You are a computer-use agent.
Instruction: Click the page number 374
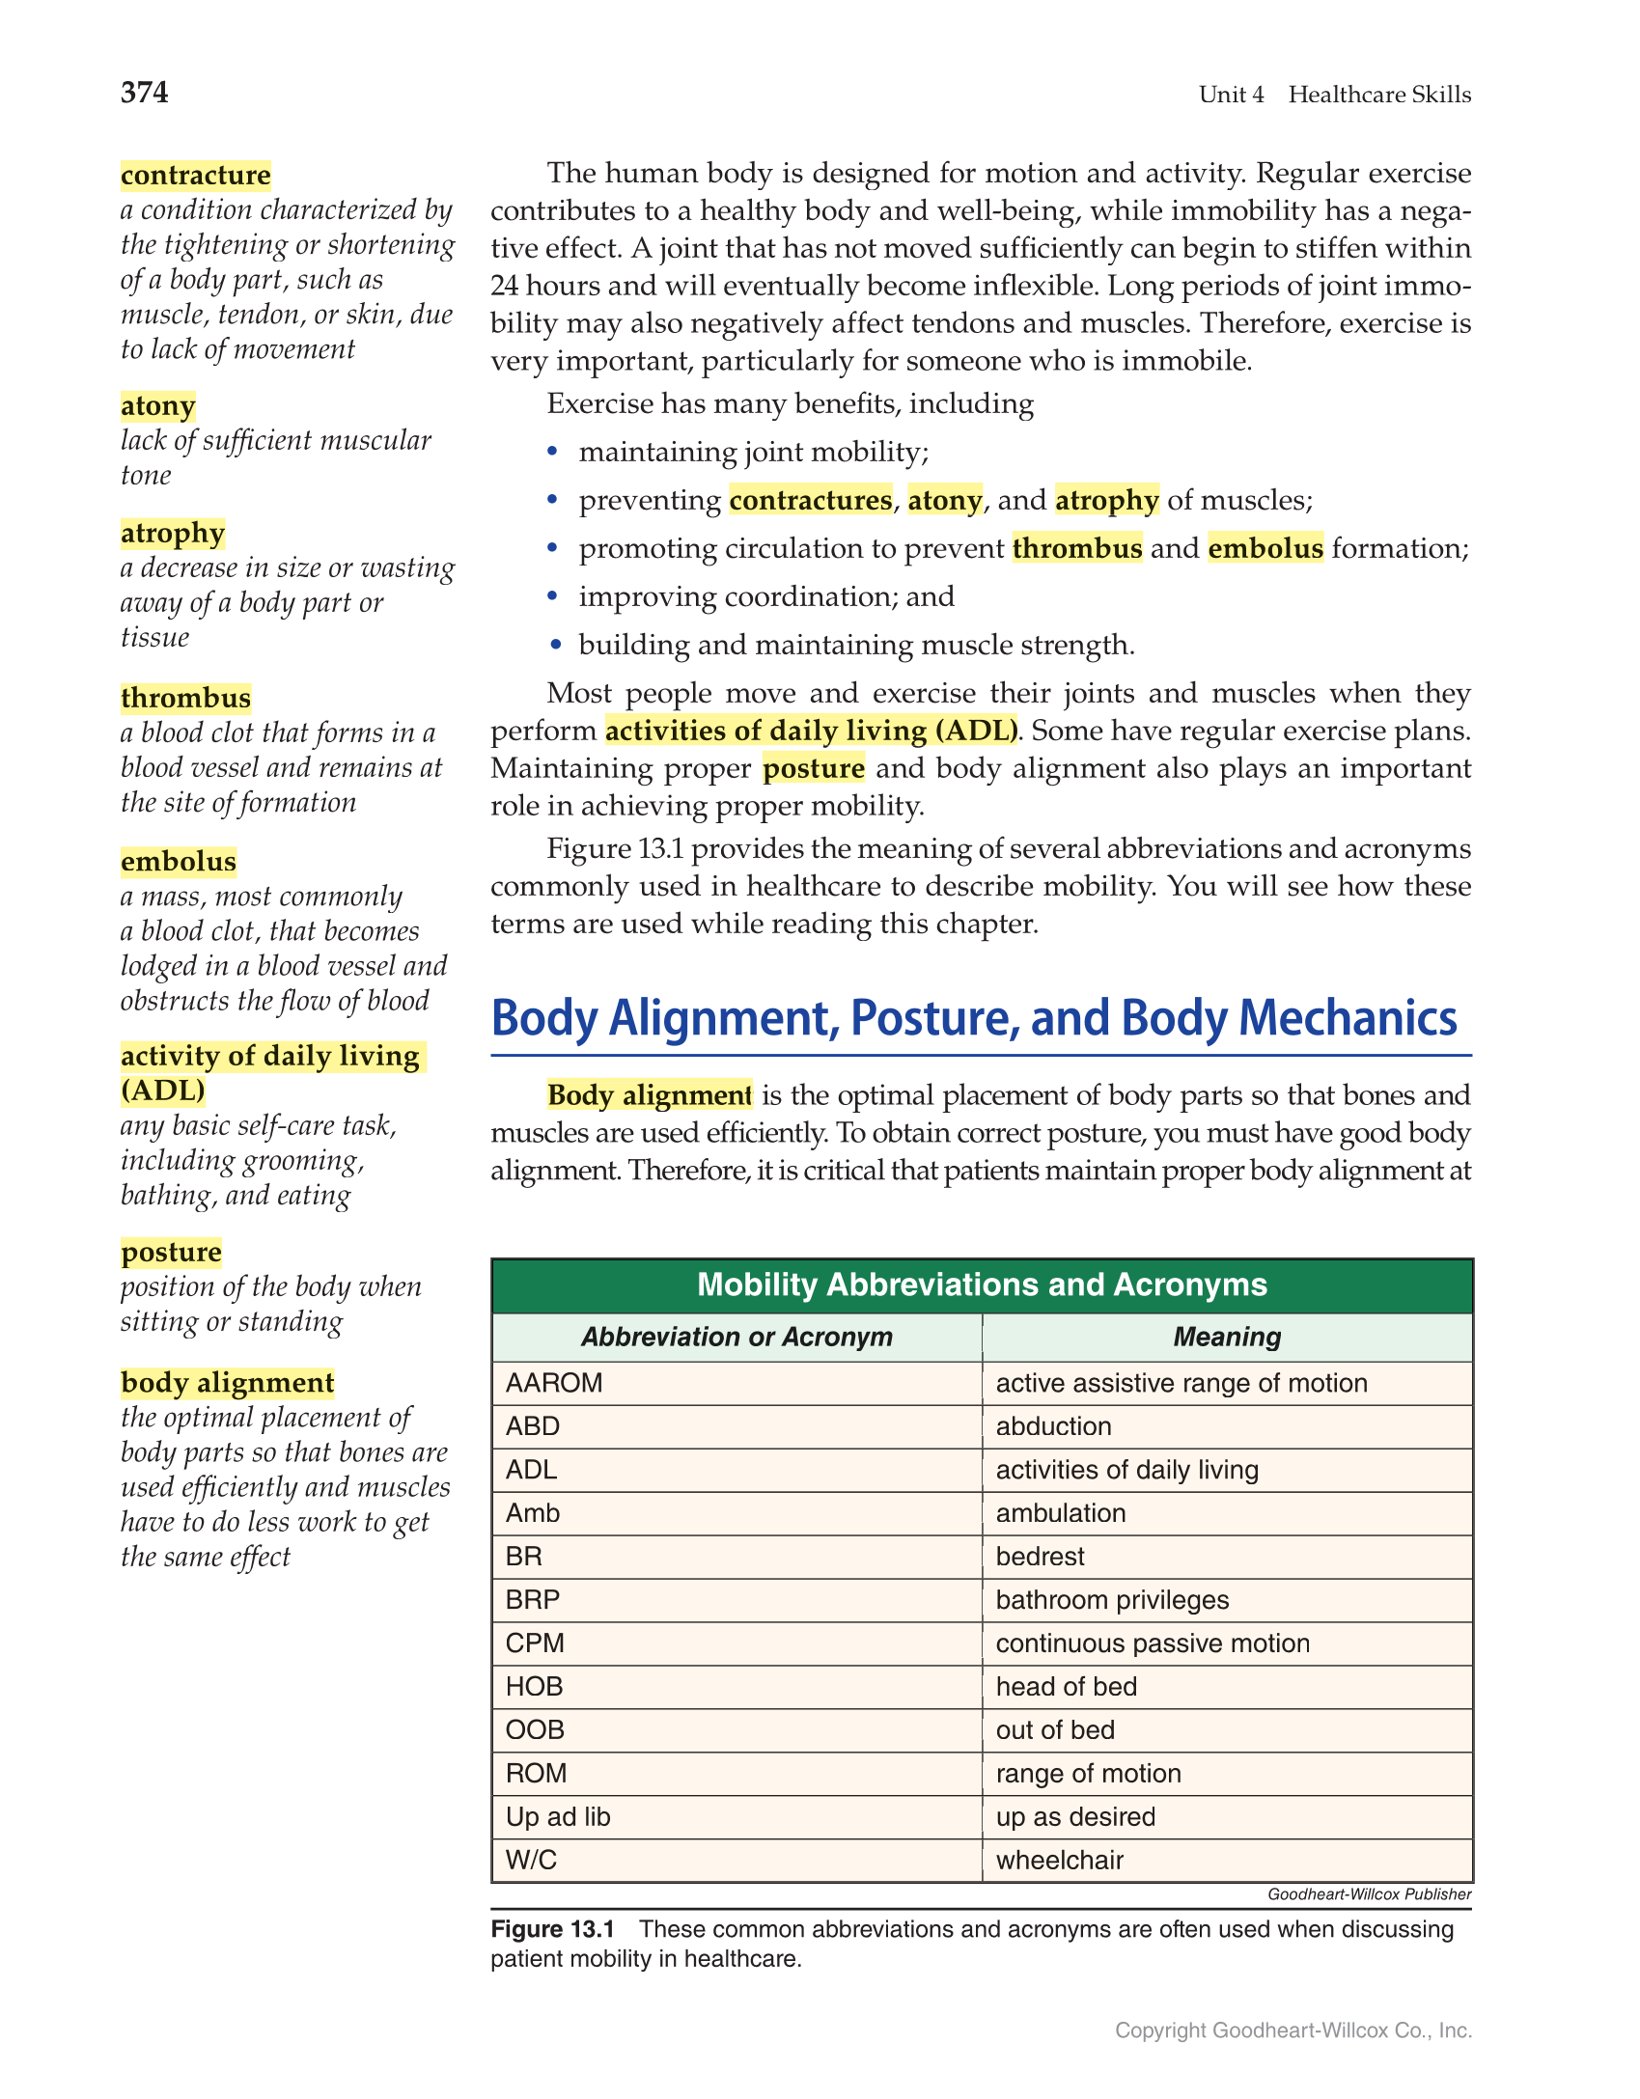[x=145, y=93]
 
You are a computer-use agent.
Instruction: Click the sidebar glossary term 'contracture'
[x=196, y=175]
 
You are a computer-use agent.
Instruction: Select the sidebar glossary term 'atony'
[x=158, y=405]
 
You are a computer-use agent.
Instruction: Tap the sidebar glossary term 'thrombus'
[x=186, y=698]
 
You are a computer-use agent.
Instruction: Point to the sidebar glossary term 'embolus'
[x=179, y=861]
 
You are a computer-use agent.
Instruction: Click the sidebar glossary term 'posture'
[x=172, y=1252]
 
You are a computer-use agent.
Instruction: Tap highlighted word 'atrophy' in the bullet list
[x=1106, y=500]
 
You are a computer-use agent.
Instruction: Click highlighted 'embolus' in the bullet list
[x=1265, y=548]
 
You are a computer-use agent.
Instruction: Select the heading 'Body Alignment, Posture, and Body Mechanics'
[x=973, y=1019]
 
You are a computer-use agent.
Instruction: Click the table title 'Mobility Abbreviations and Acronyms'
[x=982, y=1284]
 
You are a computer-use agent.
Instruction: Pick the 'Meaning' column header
[x=1227, y=1337]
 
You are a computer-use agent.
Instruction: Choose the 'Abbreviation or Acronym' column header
[x=737, y=1337]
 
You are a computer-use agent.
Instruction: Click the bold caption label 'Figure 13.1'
[x=552, y=1929]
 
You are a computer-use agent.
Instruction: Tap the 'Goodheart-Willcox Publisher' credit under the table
[x=1369, y=1894]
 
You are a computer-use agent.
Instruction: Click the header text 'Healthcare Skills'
[x=1379, y=95]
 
